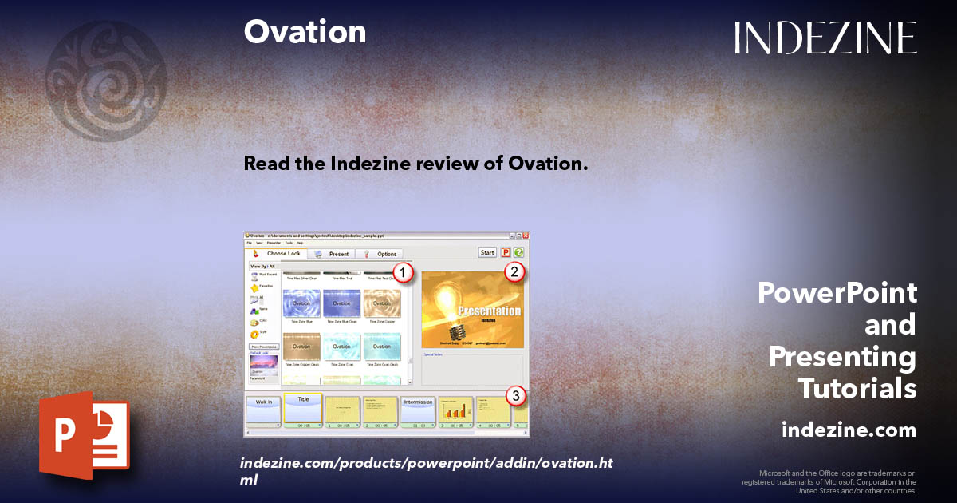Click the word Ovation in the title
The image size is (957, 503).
(x=305, y=32)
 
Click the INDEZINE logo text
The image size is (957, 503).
(x=825, y=38)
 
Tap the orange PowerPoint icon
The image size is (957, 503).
(x=84, y=438)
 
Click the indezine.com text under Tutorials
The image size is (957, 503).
(x=849, y=430)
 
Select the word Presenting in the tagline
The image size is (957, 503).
(x=842, y=357)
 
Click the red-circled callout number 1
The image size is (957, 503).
(x=404, y=273)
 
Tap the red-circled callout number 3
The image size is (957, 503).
(x=517, y=395)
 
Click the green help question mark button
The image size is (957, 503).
(x=518, y=253)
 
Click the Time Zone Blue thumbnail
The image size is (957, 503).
(x=301, y=304)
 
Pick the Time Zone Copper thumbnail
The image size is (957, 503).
(x=382, y=304)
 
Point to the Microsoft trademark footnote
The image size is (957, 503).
(x=829, y=482)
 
